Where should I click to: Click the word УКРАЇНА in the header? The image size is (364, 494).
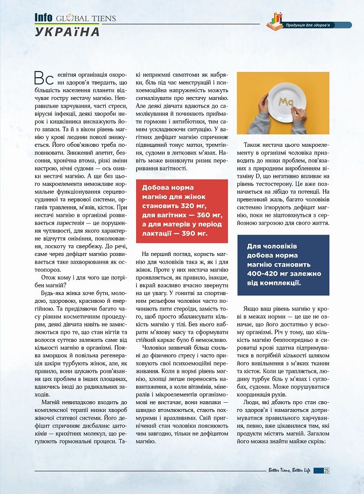coord(67,32)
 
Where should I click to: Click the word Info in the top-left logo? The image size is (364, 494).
coord(43,18)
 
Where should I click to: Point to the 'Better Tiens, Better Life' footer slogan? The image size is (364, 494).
coord(289,471)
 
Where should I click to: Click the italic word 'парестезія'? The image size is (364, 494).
coord(71,224)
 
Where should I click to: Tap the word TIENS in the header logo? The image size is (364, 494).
coord(102,18)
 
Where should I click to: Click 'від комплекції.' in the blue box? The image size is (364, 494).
coord(273,283)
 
